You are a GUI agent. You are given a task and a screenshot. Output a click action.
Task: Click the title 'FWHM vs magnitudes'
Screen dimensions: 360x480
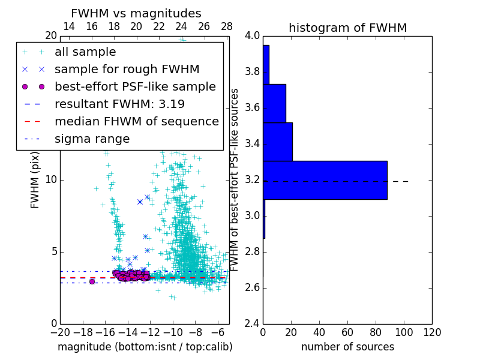tap(136, 13)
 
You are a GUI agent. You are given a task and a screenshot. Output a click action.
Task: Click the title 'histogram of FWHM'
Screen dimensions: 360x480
tap(347, 28)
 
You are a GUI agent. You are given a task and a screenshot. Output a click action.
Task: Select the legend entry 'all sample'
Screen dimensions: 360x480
tap(85, 52)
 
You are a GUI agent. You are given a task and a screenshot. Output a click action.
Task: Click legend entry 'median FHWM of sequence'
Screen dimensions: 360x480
tap(136, 121)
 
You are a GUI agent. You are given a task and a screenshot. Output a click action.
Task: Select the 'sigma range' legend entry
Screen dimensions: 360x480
tap(92, 139)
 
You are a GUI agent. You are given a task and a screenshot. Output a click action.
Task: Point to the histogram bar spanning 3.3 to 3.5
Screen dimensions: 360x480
tap(278, 142)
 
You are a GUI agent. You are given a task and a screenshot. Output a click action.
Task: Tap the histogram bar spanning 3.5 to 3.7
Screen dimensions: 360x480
tap(274, 103)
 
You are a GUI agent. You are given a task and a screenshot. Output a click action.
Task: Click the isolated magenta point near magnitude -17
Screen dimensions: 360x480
tap(92, 281)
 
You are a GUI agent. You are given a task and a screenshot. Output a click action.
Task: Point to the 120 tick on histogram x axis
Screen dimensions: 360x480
tap(432, 332)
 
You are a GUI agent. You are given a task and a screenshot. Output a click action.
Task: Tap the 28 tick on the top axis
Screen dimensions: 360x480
tap(227, 26)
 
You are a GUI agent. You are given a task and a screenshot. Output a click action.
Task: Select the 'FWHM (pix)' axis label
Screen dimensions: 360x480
tap(35, 179)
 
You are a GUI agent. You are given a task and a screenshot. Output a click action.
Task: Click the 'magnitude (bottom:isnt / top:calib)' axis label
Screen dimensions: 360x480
tap(145, 347)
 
